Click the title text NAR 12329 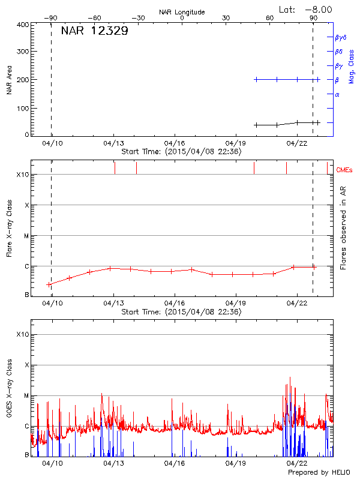(x=94, y=32)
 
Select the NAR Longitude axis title (x=182, y=11)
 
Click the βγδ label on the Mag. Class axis (x=340, y=37)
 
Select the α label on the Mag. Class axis (x=337, y=94)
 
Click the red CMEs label (x=344, y=170)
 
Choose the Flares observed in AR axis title (x=343, y=227)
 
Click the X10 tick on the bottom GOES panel (x=23, y=334)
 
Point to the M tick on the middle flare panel (x=26, y=236)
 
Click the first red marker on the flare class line (x=49, y=284)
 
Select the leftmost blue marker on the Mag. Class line (x=256, y=79)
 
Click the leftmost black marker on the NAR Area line (x=256, y=125)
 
